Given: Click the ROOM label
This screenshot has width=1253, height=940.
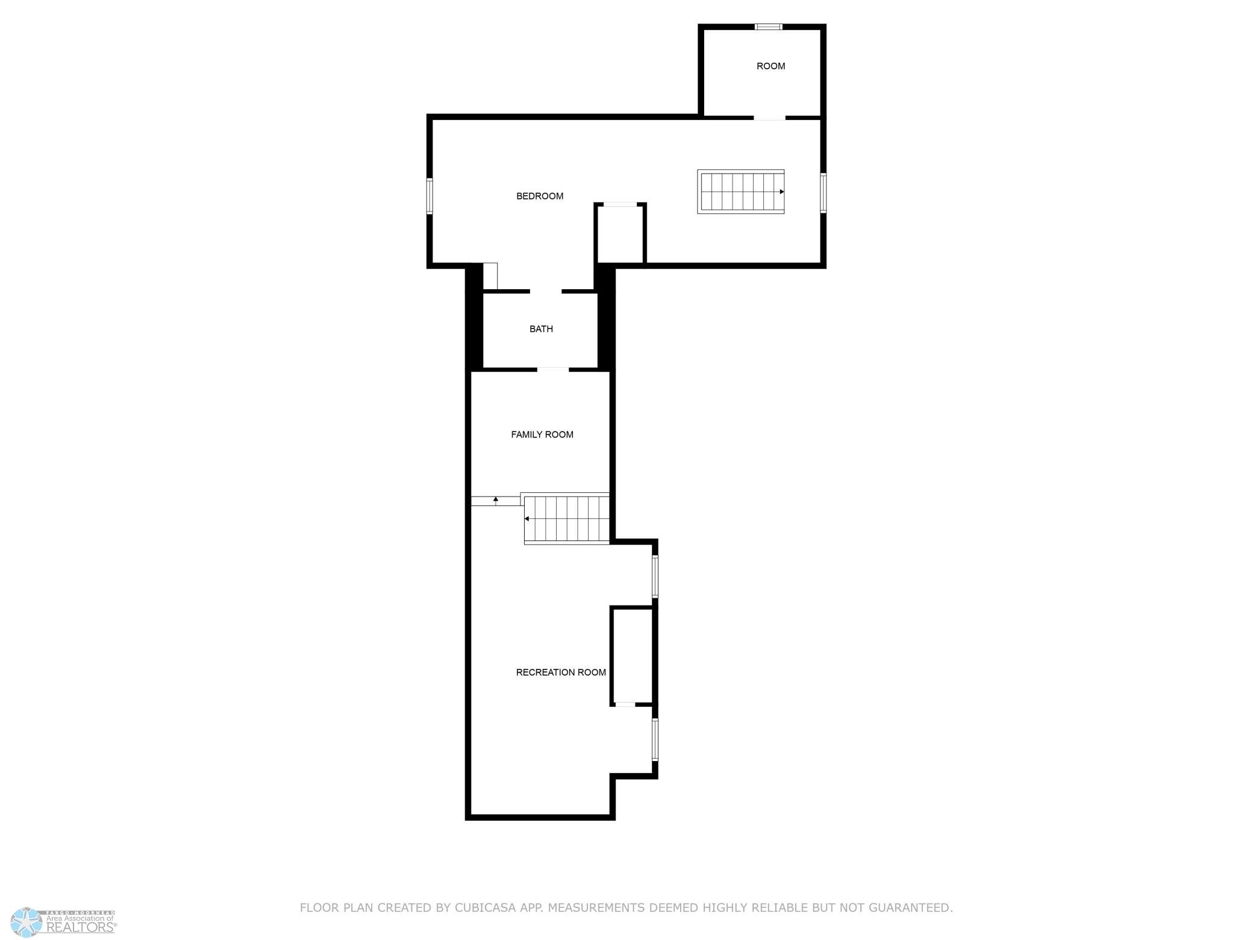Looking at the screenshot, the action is click(770, 66).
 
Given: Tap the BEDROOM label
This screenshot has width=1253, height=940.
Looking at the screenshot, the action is click(540, 196).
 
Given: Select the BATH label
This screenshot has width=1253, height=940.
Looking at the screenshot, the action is click(541, 329).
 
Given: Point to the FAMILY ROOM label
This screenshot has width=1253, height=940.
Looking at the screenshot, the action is click(542, 434).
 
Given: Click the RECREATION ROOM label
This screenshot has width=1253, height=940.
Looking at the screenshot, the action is click(561, 672).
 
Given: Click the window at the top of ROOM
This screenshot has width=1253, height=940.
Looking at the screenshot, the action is click(769, 27).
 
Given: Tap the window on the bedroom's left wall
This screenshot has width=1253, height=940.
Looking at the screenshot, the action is click(430, 196).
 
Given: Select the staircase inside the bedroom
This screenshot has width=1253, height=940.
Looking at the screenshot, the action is click(741, 192).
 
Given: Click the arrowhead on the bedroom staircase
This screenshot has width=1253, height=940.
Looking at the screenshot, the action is click(782, 192).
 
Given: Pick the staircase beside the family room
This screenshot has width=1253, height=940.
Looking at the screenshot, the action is click(567, 519).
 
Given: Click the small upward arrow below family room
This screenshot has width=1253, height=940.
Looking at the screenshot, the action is click(496, 500).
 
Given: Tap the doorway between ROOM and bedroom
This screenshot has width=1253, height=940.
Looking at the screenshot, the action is click(770, 117).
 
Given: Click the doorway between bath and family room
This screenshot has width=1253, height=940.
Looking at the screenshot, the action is click(553, 369).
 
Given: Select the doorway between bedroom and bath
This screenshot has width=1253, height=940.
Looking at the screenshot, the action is click(546, 292).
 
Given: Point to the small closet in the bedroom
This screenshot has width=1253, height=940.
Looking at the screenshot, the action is click(620, 234).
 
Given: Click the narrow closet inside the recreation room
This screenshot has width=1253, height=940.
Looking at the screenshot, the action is click(633, 656).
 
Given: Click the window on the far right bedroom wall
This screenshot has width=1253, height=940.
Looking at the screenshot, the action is click(823, 193).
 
